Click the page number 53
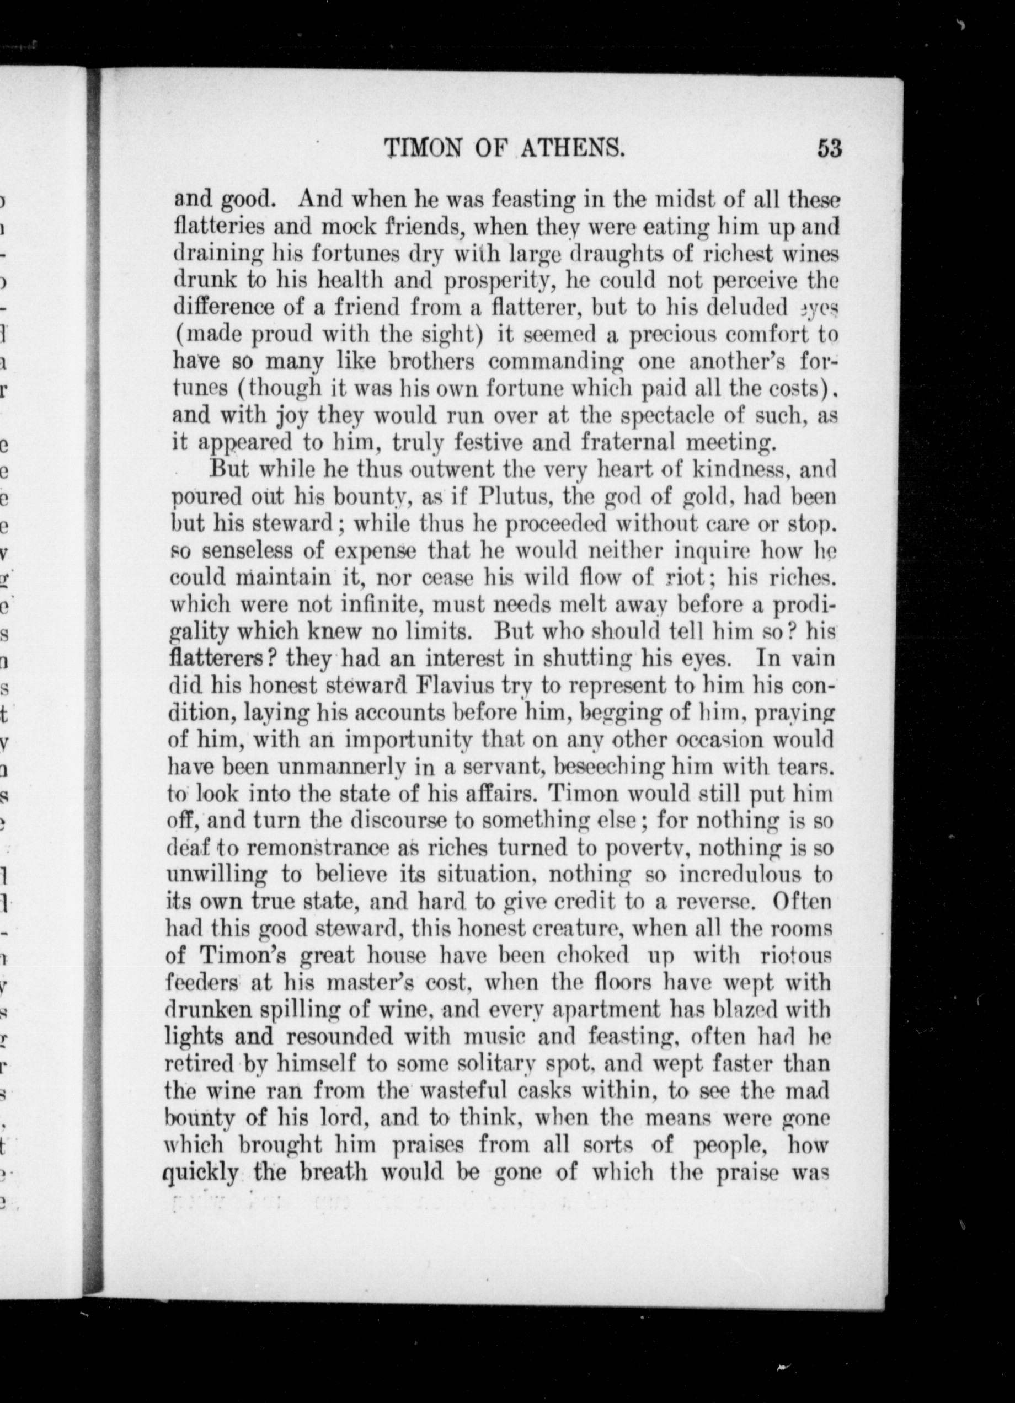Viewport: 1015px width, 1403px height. pyautogui.click(x=829, y=148)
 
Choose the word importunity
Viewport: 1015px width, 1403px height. pyautogui.click(x=408, y=740)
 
